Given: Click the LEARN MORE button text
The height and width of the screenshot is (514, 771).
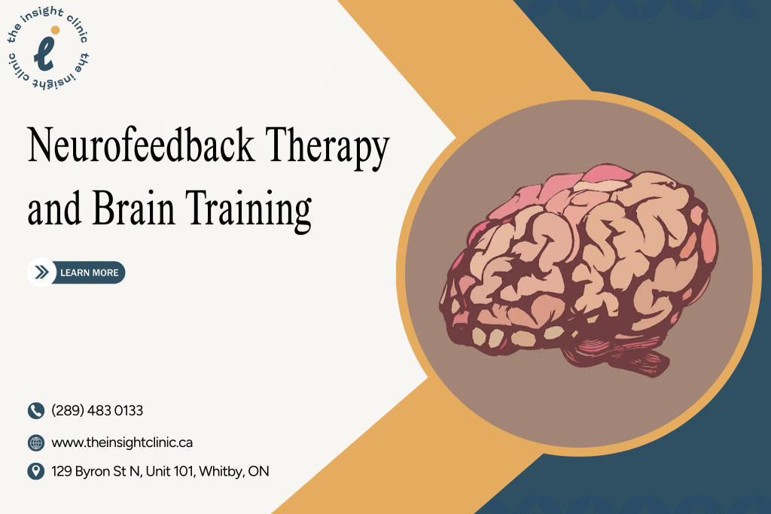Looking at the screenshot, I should tap(89, 272).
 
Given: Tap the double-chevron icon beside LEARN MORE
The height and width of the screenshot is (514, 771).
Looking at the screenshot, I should tap(41, 272).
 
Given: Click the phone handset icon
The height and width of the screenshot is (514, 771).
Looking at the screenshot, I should tap(36, 411).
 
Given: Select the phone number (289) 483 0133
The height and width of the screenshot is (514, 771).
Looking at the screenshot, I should tap(97, 411).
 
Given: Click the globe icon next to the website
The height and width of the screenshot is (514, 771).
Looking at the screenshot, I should tap(36, 443).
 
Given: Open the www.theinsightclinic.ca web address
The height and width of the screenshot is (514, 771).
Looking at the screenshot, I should tap(122, 443).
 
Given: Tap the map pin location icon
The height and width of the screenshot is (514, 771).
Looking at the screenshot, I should tap(36, 472).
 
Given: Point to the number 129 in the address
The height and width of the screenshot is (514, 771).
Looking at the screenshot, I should tap(62, 472).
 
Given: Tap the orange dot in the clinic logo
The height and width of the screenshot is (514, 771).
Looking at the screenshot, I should tap(55, 31).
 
